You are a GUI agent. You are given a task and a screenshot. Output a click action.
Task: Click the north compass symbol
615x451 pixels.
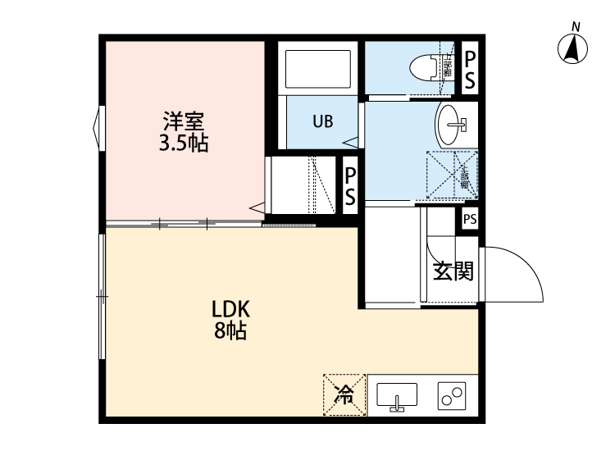click(x=574, y=51)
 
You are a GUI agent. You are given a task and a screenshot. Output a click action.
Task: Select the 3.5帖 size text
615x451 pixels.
click(x=182, y=144)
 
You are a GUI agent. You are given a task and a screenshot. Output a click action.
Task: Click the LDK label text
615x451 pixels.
click(x=230, y=309)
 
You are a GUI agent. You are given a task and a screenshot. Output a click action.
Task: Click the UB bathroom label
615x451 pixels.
click(x=322, y=121)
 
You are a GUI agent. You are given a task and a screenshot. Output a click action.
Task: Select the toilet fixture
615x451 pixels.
click(x=426, y=66)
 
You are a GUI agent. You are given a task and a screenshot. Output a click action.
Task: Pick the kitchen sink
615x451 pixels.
click(x=397, y=396)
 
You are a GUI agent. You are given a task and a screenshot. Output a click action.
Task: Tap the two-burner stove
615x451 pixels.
click(x=452, y=396)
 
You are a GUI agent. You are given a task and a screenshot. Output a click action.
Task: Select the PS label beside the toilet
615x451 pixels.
click(x=470, y=69)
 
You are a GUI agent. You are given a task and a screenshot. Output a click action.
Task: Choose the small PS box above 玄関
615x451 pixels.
click(x=469, y=219)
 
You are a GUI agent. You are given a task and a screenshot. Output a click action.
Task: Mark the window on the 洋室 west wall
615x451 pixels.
click(x=99, y=128)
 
